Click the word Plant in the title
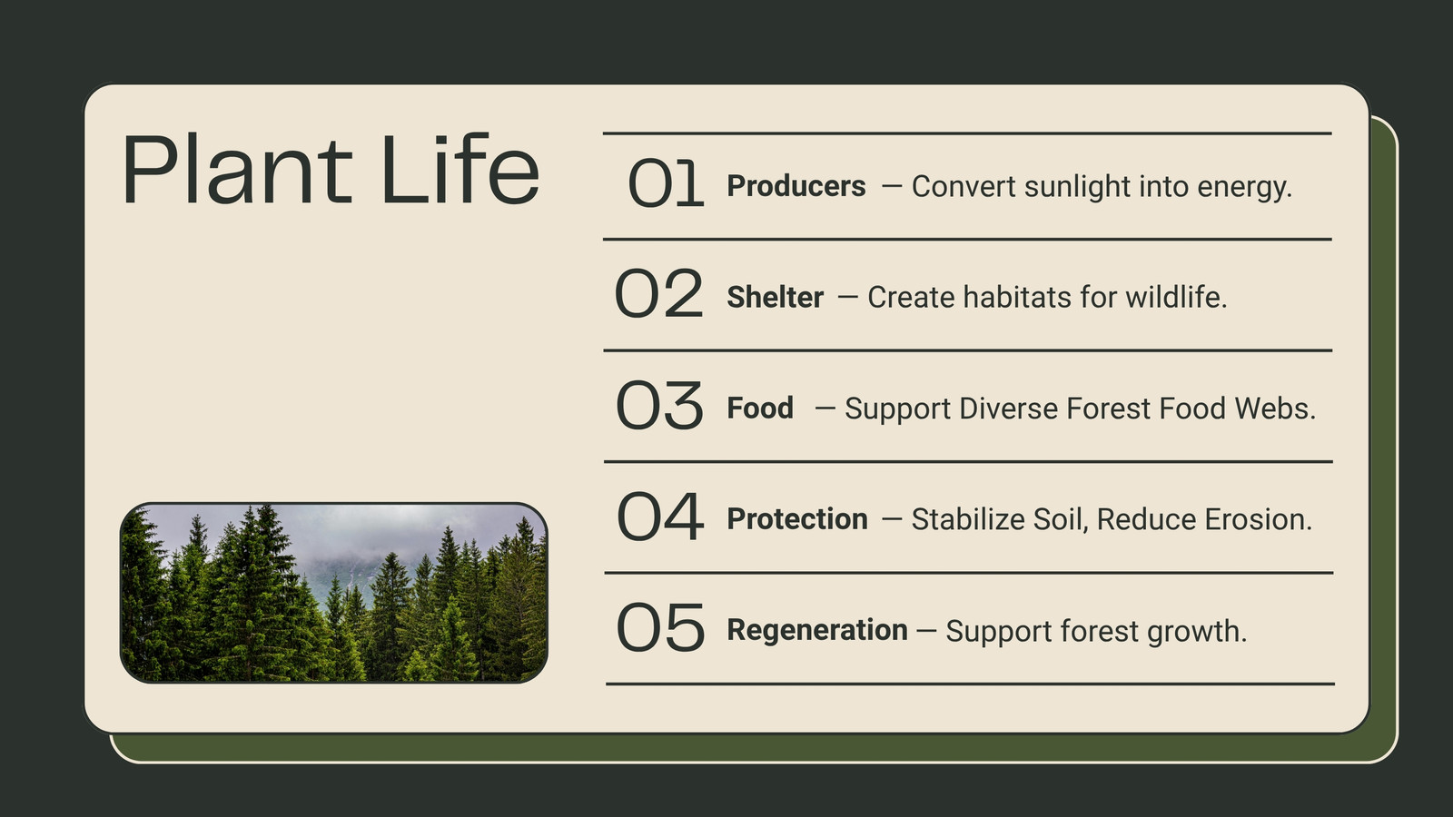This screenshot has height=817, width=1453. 237,169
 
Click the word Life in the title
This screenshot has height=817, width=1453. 460,169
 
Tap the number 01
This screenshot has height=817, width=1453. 666,183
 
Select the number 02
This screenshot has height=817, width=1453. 658,294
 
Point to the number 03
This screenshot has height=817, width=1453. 659,405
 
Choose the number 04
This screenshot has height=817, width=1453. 659,517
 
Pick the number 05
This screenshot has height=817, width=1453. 660,627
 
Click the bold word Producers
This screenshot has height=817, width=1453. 796,186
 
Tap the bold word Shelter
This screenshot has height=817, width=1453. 776,297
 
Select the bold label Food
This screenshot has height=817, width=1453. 759,408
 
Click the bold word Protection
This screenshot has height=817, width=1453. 797,518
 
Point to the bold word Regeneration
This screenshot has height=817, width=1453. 817,630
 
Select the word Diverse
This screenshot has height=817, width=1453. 1009,408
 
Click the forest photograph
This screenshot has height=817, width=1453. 334,593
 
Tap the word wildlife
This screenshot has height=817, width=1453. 1176,297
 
